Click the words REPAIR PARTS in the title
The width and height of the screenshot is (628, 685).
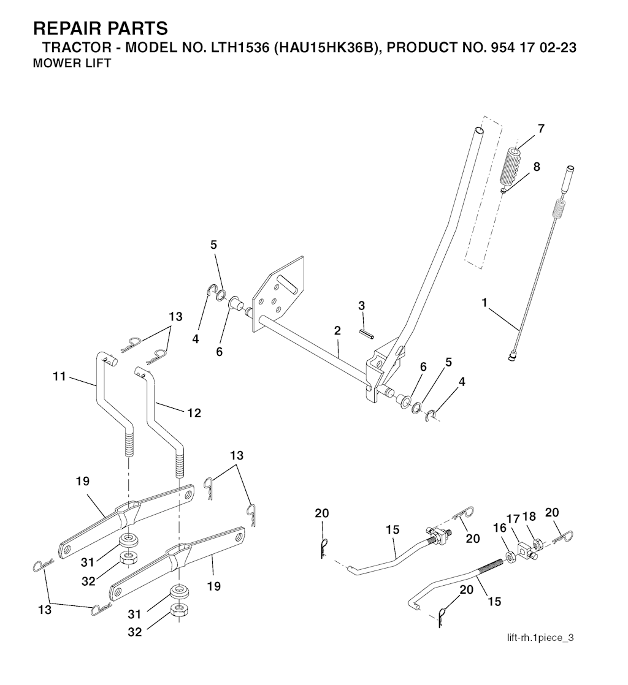point(101,29)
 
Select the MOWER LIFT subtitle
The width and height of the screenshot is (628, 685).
point(72,63)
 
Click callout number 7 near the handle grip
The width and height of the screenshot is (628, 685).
point(541,129)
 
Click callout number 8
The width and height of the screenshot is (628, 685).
point(536,167)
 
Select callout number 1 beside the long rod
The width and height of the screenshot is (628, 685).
point(484,303)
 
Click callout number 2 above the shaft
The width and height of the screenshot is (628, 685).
point(337,331)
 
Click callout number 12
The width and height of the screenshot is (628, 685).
point(194,413)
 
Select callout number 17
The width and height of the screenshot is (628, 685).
point(513,519)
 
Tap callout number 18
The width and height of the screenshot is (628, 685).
point(529,517)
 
